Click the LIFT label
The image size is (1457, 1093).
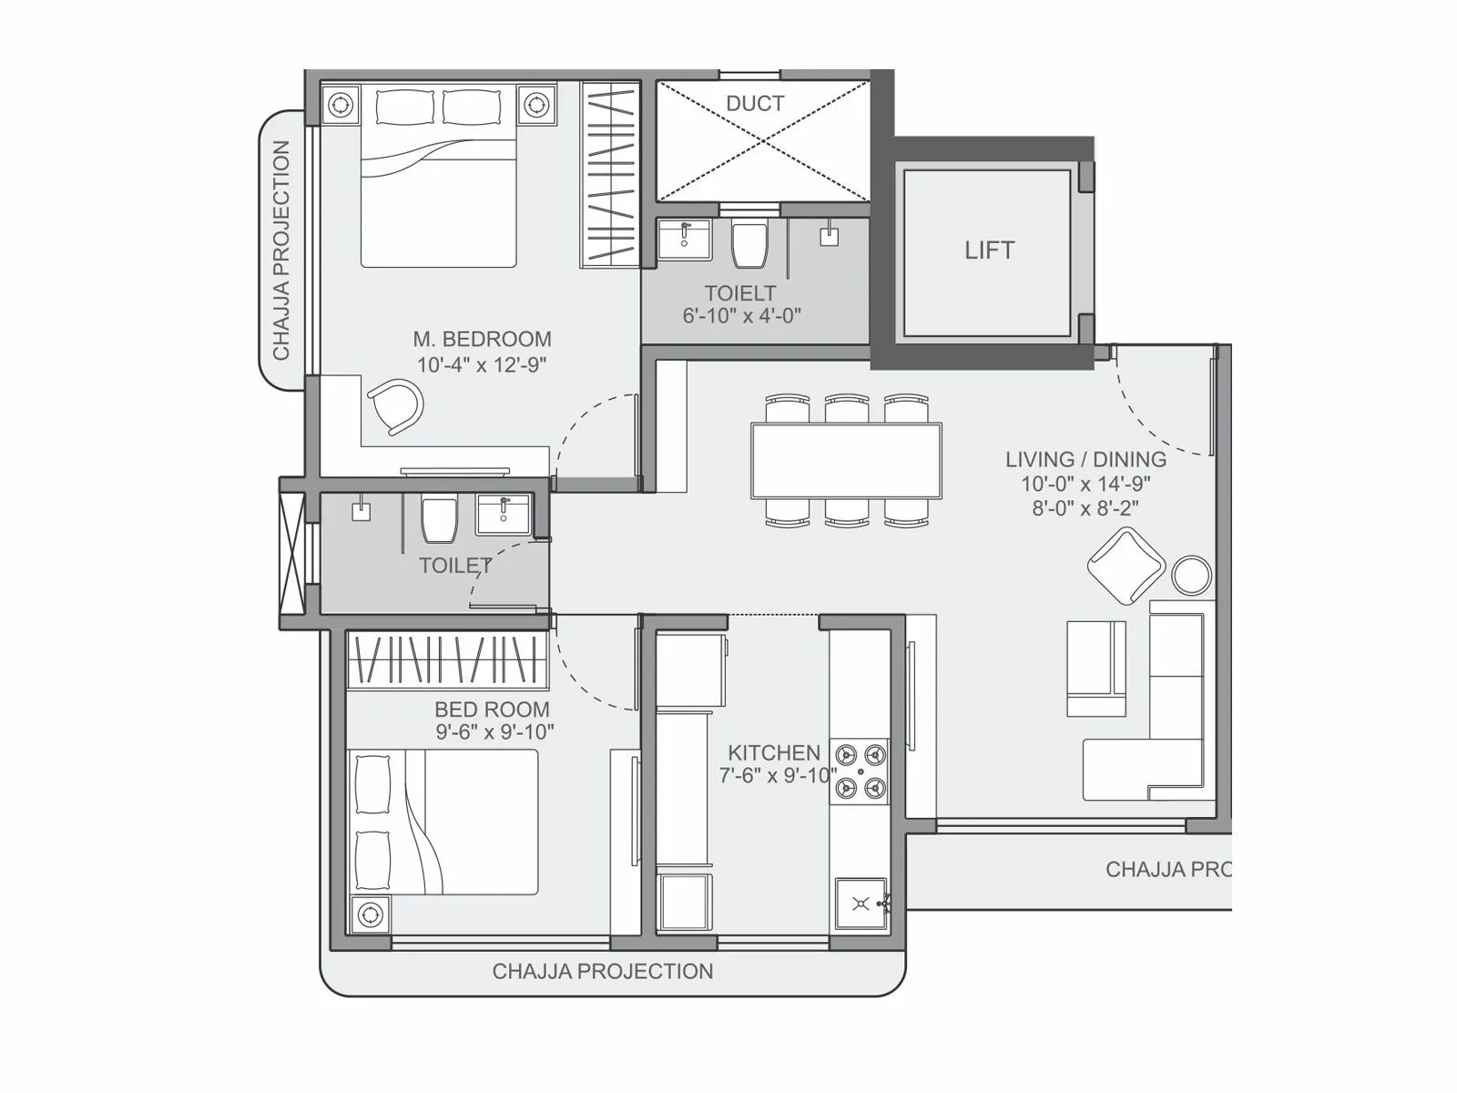[989, 250]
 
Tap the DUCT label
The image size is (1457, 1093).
[755, 104]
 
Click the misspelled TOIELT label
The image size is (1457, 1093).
[740, 293]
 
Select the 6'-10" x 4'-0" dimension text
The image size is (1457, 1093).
[741, 316]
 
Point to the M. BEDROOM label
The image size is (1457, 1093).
[482, 339]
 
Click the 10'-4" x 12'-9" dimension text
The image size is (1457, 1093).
[482, 364]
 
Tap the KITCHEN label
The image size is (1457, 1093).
[774, 752]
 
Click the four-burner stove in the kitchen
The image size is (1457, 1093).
[860, 771]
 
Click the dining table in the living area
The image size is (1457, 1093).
[846, 460]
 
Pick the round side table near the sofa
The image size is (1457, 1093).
[1191, 575]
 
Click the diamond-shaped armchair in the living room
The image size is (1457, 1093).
[1126, 566]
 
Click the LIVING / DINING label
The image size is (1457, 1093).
[1085, 460]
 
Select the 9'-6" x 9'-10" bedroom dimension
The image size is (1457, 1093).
[494, 731]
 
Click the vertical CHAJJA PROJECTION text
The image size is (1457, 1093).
[281, 250]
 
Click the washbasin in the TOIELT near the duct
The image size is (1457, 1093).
[685, 239]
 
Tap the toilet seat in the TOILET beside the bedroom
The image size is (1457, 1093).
[439, 519]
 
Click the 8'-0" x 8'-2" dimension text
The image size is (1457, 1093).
[1085, 508]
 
